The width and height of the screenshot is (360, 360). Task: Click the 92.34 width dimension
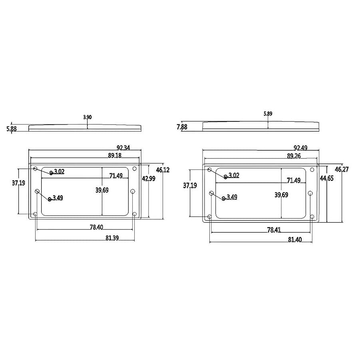(123, 147)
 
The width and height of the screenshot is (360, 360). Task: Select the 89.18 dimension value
(115, 155)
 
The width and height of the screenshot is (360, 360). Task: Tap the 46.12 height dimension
(163, 170)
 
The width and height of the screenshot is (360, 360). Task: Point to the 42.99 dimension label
(149, 178)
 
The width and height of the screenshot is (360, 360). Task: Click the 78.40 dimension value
(96, 227)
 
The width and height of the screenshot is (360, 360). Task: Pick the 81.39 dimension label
(112, 238)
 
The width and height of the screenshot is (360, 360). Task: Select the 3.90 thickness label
(87, 117)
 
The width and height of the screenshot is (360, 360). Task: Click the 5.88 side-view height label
(12, 129)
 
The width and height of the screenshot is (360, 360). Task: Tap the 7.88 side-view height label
(182, 127)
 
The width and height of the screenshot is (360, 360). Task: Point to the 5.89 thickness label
(268, 113)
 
